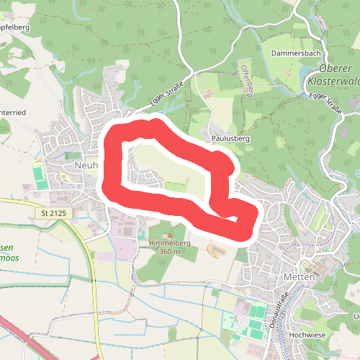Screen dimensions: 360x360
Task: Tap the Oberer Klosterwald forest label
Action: pyautogui.click(x=336, y=75)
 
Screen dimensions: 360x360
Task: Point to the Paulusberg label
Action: pyautogui.click(x=230, y=137)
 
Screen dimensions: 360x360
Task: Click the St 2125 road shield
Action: pyautogui.click(x=53, y=214)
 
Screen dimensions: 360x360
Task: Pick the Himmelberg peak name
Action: pyautogui.click(x=169, y=243)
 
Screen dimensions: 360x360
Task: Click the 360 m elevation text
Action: pyautogui.click(x=169, y=252)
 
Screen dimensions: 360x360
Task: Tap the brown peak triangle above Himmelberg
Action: pyautogui.click(x=169, y=235)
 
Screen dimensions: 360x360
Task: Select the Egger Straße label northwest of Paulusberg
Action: pyautogui.click(x=167, y=95)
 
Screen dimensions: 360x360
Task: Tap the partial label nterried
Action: pyautogui.click(x=14, y=113)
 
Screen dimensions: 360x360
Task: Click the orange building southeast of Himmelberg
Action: pyautogui.click(x=214, y=251)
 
